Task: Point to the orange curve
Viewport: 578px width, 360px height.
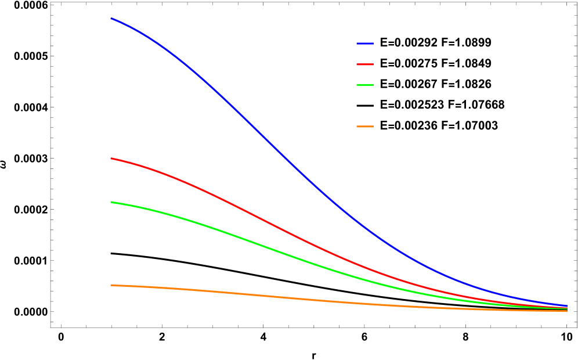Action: (x=261, y=296)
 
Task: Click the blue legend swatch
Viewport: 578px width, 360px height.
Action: (x=365, y=44)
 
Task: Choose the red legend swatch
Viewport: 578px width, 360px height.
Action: (x=365, y=64)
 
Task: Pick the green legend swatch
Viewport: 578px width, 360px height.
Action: (x=365, y=85)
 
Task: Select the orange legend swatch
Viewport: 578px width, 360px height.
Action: (x=365, y=127)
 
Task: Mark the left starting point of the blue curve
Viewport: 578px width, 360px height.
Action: (x=111, y=19)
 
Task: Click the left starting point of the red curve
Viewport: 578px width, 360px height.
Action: (x=111, y=159)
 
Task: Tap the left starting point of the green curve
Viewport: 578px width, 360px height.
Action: (x=111, y=202)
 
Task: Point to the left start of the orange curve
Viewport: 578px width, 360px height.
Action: (x=111, y=285)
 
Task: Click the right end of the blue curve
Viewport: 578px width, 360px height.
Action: (x=567, y=306)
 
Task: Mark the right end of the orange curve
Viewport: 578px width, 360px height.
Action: (x=567, y=311)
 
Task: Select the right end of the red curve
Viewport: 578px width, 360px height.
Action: (x=567, y=308)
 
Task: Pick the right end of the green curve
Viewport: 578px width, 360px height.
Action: (x=567, y=309)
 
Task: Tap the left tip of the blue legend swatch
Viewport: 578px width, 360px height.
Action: (x=357, y=44)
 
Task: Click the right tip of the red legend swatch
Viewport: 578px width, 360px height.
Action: (x=373, y=64)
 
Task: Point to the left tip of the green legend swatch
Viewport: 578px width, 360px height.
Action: (x=357, y=85)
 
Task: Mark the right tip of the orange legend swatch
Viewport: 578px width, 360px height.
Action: (x=373, y=127)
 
